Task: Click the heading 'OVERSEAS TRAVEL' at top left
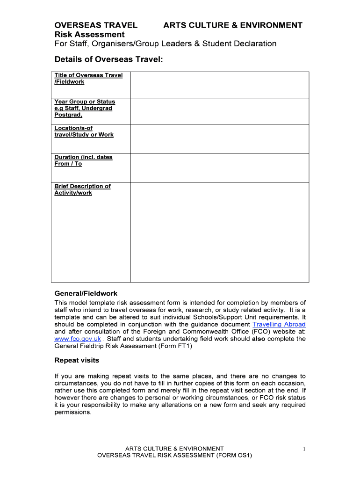(x=96, y=25)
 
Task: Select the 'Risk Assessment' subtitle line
(x=89, y=35)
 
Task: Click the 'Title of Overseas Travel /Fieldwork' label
(x=88, y=79)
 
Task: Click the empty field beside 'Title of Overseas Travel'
(x=219, y=85)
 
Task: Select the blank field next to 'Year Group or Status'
(x=219, y=111)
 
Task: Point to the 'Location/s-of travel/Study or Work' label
(x=84, y=131)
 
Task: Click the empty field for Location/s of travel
(x=219, y=139)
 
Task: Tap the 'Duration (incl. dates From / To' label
(x=83, y=160)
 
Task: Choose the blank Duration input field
(x=219, y=168)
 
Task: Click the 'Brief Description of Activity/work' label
(x=82, y=189)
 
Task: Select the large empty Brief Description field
(x=219, y=232)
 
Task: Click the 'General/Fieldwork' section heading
(x=86, y=294)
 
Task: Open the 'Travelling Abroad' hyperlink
(x=279, y=324)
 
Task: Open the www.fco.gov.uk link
(x=78, y=339)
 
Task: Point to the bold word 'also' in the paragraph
(x=259, y=339)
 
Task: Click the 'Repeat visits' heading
(x=77, y=361)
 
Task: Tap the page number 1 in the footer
(x=304, y=449)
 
